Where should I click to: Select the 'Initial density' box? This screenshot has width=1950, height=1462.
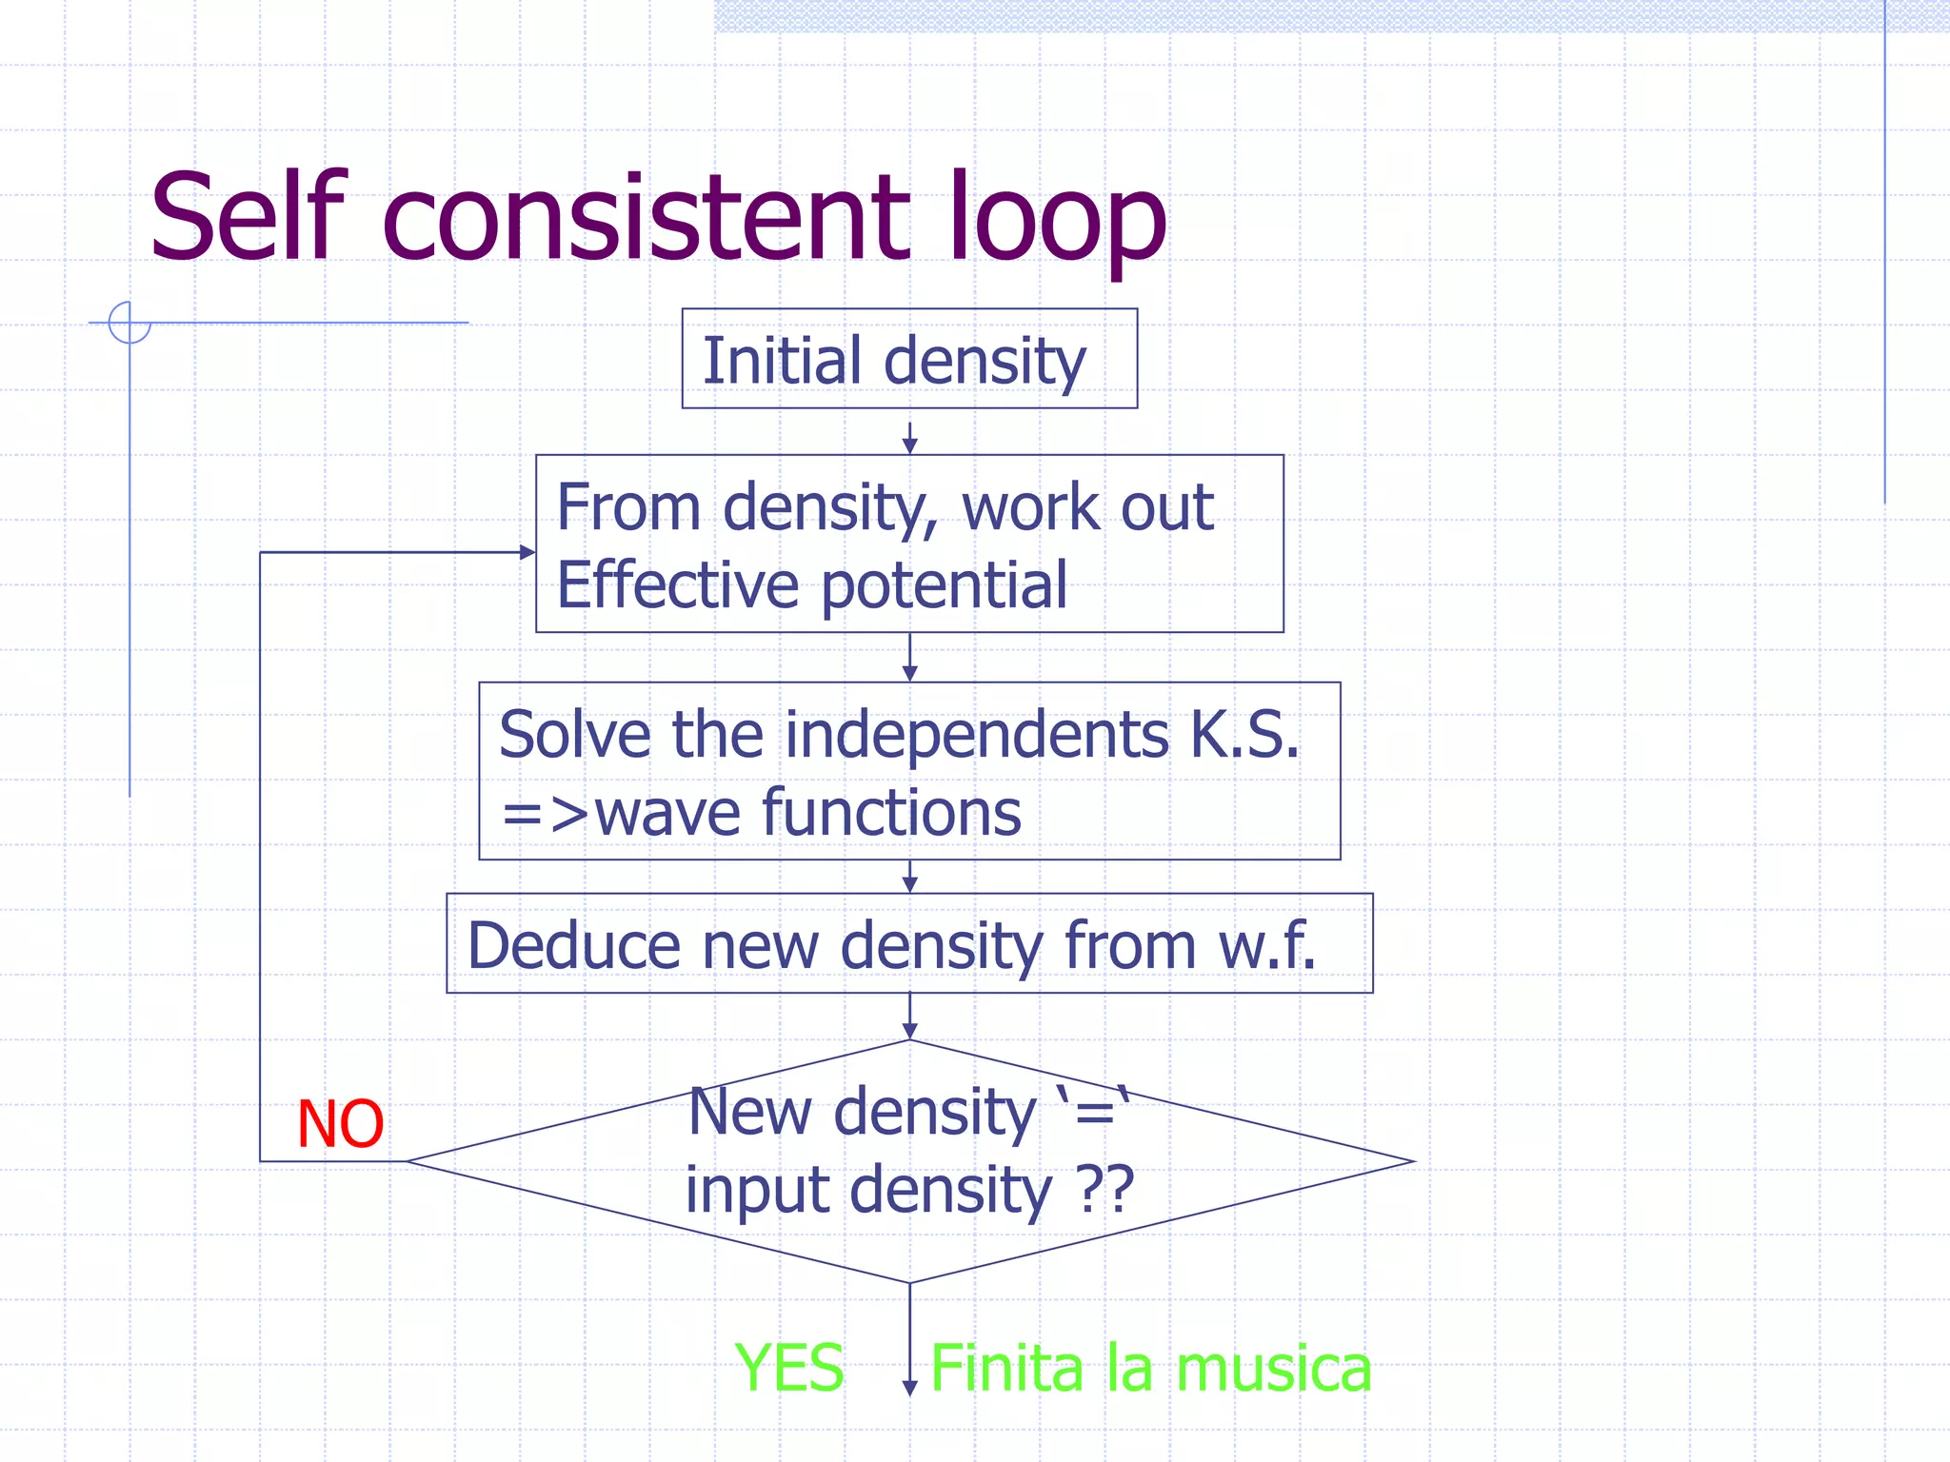click(x=909, y=360)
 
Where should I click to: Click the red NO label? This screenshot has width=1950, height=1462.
click(x=340, y=1124)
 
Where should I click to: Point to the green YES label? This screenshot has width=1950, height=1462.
click(x=789, y=1368)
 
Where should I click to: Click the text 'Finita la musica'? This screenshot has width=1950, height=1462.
click(x=1150, y=1368)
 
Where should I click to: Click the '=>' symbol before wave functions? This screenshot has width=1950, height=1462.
click(x=545, y=815)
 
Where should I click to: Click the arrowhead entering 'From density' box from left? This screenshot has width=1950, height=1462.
click(x=527, y=552)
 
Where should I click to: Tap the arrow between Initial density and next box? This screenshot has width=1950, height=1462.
click(x=909, y=438)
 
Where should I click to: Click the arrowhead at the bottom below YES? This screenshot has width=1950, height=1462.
click(x=909, y=1388)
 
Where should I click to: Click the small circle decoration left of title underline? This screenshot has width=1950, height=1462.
click(x=129, y=322)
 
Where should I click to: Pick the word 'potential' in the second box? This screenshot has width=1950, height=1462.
click(x=944, y=584)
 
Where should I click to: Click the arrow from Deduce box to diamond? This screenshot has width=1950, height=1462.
click(x=909, y=1017)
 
